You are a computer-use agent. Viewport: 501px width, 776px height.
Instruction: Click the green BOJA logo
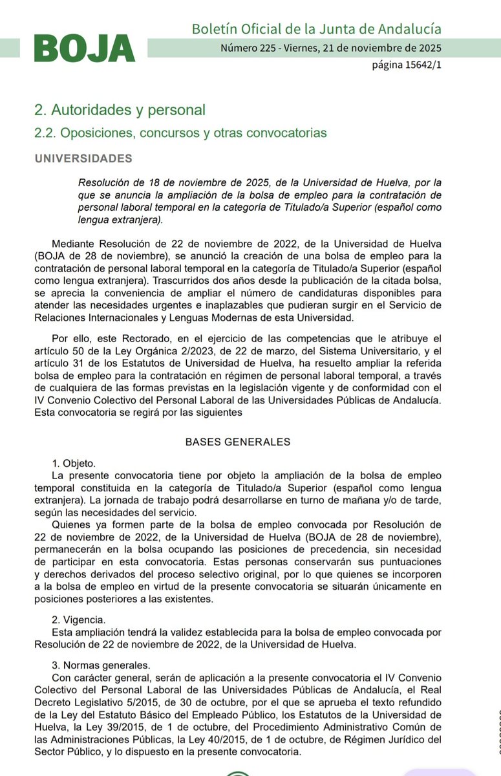click(84, 49)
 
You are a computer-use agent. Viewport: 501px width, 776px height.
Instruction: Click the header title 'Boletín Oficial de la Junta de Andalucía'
click(317, 29)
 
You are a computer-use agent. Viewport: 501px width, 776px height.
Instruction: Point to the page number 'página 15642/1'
click(407, 65)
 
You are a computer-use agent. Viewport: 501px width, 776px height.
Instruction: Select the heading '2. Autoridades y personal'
click(120, 110)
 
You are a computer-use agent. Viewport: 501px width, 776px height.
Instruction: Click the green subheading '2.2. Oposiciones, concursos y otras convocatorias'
click(180, 133)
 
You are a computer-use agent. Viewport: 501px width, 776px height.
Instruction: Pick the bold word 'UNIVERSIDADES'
click(83, 158)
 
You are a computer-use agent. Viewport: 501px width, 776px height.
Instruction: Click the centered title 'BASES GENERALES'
click(238, 442)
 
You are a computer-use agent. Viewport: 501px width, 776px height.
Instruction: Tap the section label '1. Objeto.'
click(74, 463)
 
